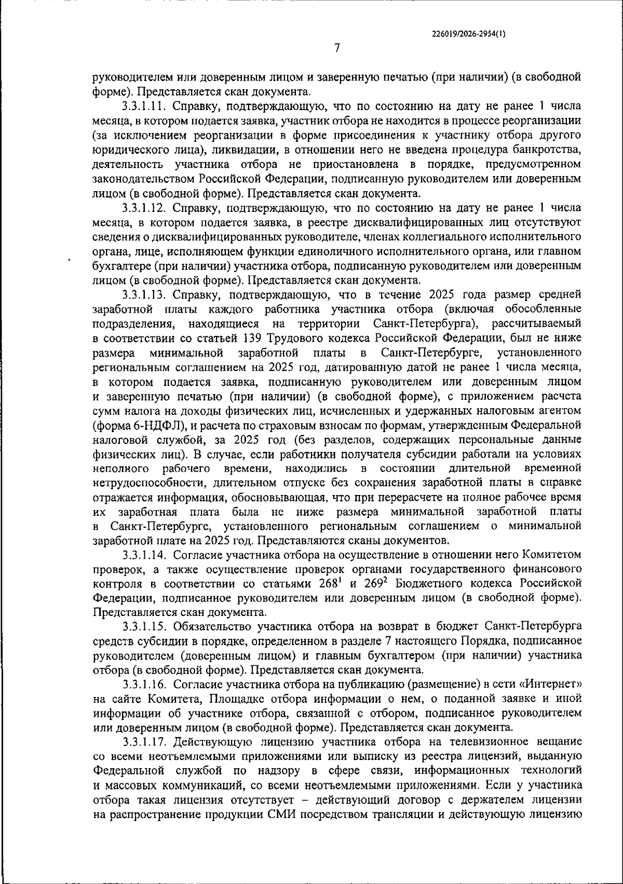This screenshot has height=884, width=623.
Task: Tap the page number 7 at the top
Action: pyautogui.click(x=336, y=48)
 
